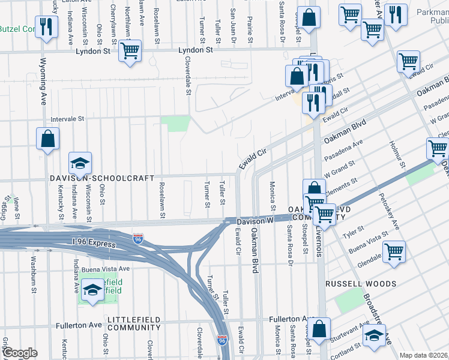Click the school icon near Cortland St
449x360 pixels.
[374, 335]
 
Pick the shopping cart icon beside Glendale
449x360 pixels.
[394, 251]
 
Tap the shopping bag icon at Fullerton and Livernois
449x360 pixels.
[319, 329]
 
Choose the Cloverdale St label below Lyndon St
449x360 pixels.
[188, 79]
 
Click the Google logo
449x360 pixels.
[20, 353]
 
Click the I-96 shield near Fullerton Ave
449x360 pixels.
[221, 340]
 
